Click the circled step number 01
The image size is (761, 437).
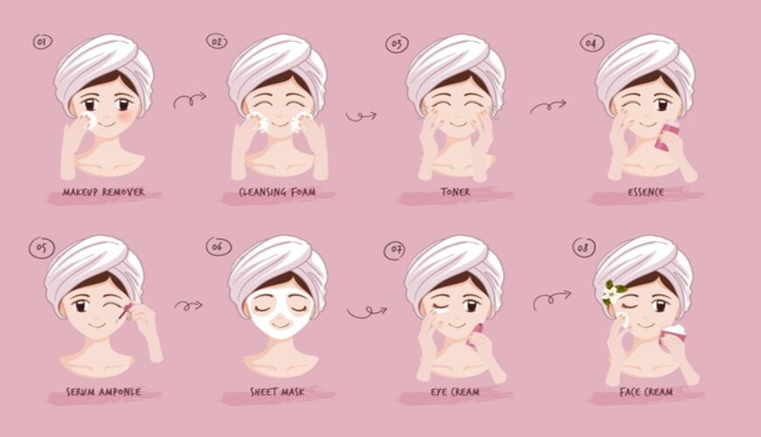43,42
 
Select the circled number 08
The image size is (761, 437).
583,248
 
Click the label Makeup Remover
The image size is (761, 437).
103,192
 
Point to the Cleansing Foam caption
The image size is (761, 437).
277,192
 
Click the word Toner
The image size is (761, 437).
455,192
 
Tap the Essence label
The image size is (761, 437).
646,192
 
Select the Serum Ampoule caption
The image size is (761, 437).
103,392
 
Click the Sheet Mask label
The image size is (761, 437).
277,392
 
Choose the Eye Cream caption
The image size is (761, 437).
455,392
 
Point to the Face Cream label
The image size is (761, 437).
646,392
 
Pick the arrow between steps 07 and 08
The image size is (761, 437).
552,300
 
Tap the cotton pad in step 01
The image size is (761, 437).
89,121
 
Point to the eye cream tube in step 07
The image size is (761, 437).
474,335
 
